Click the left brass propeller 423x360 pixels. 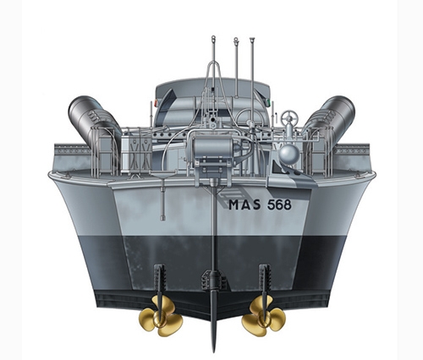(x=157, y=314)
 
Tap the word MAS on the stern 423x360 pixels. (x=244, y=204)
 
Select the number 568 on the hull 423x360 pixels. (x=282, y=204)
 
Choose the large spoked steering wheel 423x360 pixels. (x=250, y=118)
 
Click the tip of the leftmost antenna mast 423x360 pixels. (x=212, y=38)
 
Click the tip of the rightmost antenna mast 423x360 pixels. (x=251, y=38)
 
